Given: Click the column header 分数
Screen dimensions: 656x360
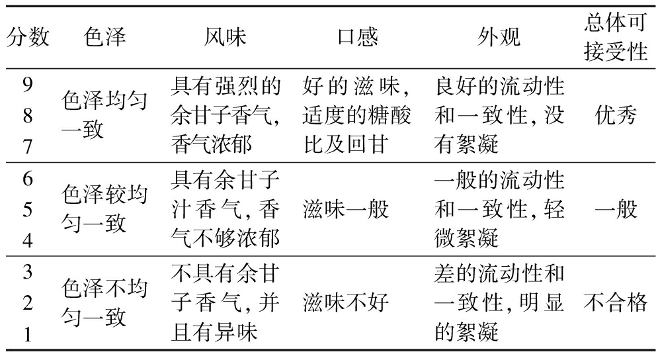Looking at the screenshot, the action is click(28, 37).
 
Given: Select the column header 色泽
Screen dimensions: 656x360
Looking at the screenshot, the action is click(104, 37).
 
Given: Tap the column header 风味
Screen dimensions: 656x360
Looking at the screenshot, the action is click(225, 37).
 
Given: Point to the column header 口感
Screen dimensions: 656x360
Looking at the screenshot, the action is click(358, 37).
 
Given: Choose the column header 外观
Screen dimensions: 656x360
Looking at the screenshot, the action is click(499, 37).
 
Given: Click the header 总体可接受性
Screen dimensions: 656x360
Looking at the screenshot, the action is click(616, 37).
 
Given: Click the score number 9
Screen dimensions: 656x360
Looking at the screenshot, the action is click(28, 85).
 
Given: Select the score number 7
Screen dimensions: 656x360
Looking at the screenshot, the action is click(28, 146).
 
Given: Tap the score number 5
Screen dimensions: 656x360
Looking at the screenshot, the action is click(28, 209).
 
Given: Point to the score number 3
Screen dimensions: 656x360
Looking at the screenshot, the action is click(28, 272).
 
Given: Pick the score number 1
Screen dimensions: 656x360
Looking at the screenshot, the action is click(28, 334).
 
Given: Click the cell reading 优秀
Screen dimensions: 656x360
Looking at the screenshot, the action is click(616, 115).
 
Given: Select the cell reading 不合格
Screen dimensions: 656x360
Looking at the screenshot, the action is click(616, 302).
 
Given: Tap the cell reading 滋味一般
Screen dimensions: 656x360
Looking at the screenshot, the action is click(346, 209).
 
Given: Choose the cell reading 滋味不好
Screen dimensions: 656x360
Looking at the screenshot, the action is click(346, 302).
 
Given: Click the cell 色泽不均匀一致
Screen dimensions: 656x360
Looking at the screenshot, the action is click(104, 302).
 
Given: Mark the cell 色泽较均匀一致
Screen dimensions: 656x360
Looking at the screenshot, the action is click(104, 209).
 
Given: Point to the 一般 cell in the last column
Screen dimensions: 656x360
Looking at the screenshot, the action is click(616, 209).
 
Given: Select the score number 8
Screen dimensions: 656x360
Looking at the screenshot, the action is click(28, 116).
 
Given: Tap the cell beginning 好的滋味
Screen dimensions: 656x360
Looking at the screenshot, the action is click(357, 115).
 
